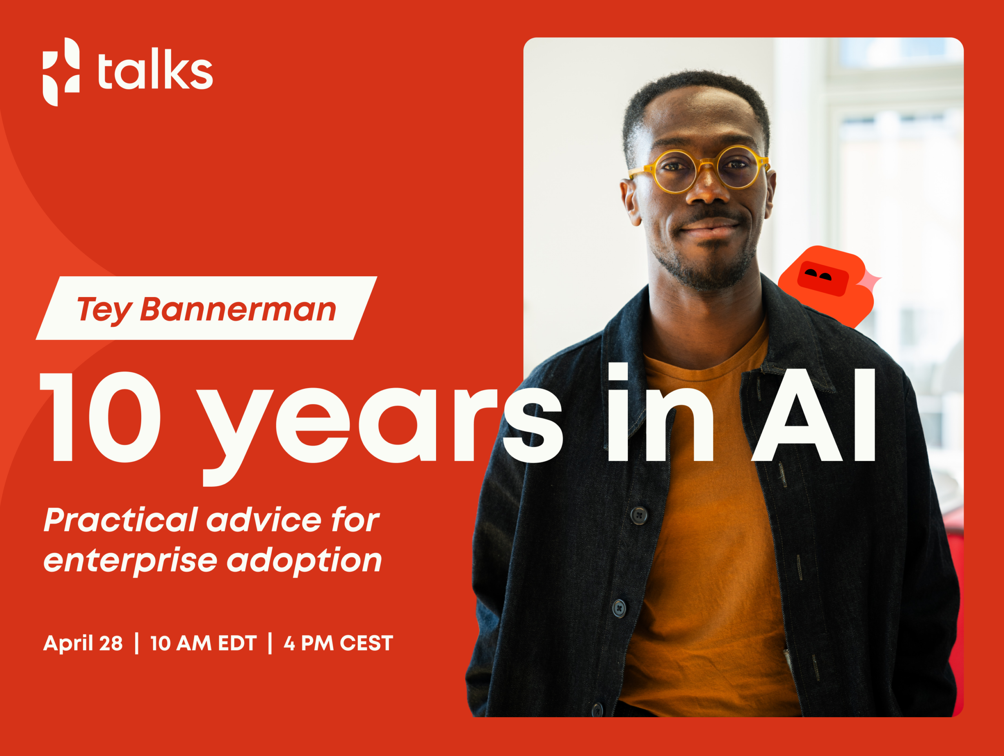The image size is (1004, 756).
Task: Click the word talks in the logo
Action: (x=155, y=72)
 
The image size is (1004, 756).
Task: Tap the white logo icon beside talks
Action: (x=61, y=72)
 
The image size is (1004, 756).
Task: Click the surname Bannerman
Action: (x=238, y=309)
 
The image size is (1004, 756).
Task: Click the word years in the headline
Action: (x=382, y=429)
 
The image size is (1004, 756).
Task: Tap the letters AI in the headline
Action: (x=813, y=415)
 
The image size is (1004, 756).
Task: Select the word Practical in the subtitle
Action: (x=121, y=520)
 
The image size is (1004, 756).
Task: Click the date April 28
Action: (x=83, y=644)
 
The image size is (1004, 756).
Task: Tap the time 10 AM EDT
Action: (x=203, y=644)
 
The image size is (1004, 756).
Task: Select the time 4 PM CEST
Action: (x=338, y=644)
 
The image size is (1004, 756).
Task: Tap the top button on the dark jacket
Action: (x=639, y=515)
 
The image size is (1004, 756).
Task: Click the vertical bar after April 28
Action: (x=136, y=644)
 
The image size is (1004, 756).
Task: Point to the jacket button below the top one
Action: (x=619, y=608)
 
